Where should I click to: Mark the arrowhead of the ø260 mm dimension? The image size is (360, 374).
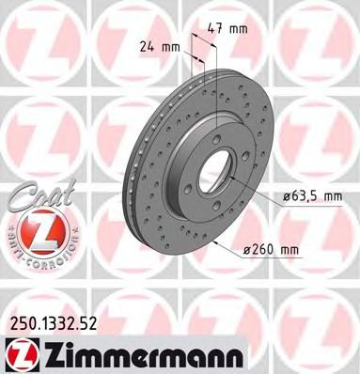215,242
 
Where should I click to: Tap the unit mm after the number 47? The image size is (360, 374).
240,29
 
